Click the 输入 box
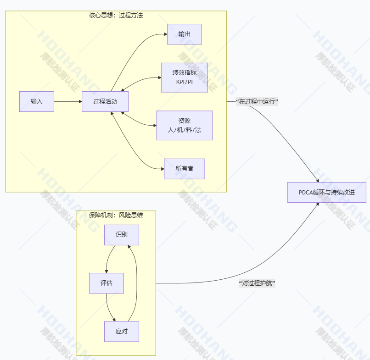[x=37, y=101]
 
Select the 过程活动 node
[x=105, y=101]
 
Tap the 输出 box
[x=185, y=34]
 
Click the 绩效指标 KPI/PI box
[x=185, y=77]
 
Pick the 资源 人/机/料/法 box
[x=185, y=125]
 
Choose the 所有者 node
[x=185, y=169]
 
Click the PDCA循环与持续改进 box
[x=327, y=192]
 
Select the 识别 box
[x=122, y=235]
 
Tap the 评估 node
[x=107, y=283]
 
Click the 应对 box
[x=122, y=331]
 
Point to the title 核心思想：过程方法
[x=116, y=15]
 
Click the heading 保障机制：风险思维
[x=116, y=215]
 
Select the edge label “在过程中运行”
[x=258, y=101]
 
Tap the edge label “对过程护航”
[x=257, y=283]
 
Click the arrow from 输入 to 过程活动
[x=68, y=101]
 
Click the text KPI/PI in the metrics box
[x=185, y=82]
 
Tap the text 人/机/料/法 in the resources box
[x=185, y=130]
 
